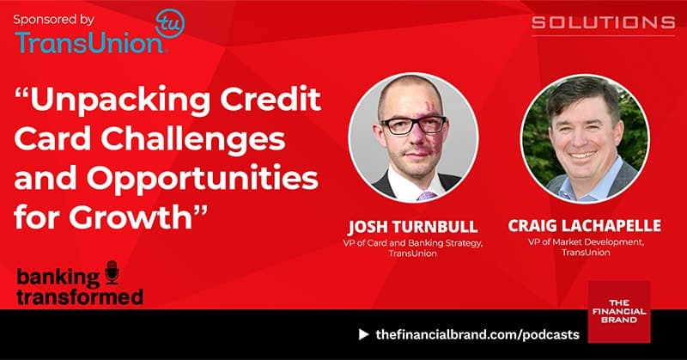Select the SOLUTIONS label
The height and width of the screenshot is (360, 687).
tap(603, 21)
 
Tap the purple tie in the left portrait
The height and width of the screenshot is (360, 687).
tap(428, 196)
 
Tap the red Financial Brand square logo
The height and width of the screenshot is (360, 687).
tap(619, 313)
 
